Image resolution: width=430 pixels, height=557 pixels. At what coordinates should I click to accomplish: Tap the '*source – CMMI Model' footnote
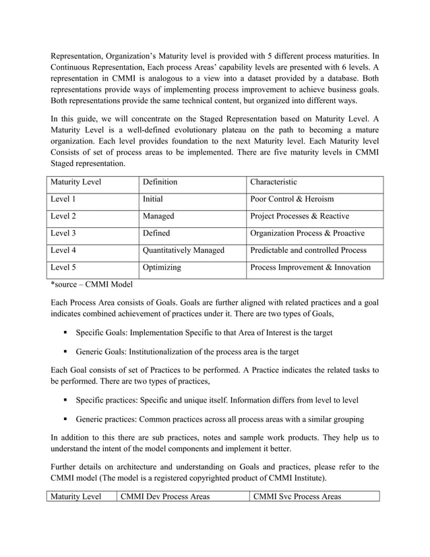tap(92, 285)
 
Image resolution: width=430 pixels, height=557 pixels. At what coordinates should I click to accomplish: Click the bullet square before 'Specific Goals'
tap(67, 333)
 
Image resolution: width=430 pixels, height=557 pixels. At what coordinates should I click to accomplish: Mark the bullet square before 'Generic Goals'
tap(67, 352)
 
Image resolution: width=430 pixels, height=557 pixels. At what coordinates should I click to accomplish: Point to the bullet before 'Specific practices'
tap(67, 400)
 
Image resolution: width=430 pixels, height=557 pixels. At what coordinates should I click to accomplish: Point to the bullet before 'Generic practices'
tap(67, 419)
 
